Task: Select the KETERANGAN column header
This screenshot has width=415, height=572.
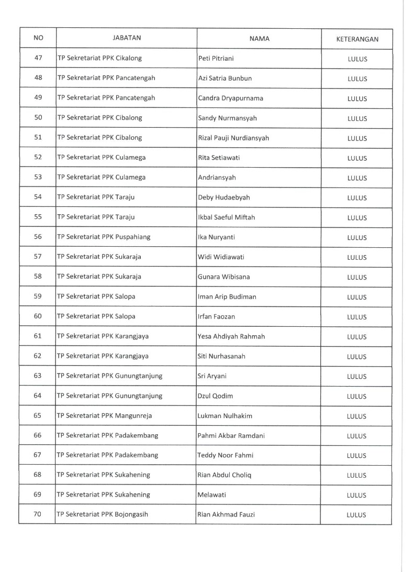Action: [357, 39]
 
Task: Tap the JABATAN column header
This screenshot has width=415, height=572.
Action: [127, 38]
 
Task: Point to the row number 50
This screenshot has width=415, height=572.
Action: [38, 117]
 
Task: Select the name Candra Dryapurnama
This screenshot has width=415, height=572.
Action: [223, 98]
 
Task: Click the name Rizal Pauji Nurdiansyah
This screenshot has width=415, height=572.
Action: [233, 138]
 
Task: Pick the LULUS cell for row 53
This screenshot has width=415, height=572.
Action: [357, 178]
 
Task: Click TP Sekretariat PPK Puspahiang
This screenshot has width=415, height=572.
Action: [104, 237]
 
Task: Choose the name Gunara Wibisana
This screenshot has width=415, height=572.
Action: [224, 277]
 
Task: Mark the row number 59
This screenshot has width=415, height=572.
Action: [38, 296]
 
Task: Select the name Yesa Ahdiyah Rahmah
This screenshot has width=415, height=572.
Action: [231, 336]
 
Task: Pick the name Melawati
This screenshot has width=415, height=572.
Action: [211, 494]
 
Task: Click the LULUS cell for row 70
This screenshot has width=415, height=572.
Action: [357, 515]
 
